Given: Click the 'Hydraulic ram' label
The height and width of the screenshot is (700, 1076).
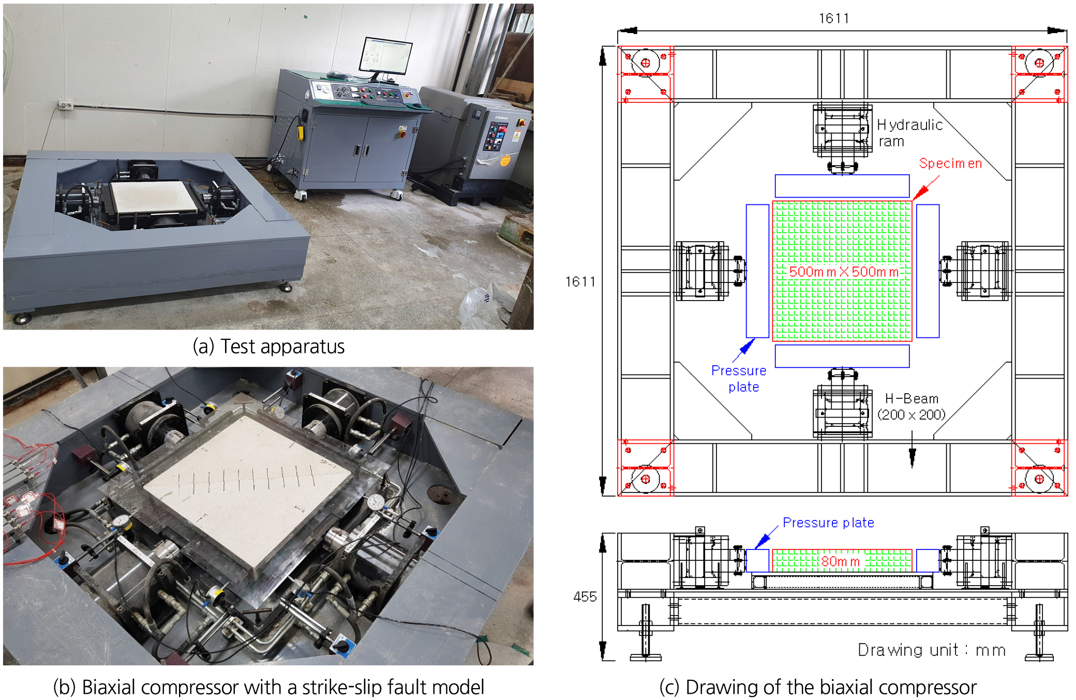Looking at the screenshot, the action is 910,133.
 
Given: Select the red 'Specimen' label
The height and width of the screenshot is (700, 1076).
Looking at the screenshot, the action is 950,163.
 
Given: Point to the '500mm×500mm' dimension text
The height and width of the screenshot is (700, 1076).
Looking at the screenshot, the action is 844,272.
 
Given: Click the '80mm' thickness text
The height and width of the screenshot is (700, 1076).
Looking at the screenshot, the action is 840,561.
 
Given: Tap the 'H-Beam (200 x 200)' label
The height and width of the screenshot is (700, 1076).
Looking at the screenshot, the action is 911,407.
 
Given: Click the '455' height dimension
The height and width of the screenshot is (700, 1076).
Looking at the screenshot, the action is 585,597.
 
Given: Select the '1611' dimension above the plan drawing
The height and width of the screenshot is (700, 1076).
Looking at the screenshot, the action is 833,19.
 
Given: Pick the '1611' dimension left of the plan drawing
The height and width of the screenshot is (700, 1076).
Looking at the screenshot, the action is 580,282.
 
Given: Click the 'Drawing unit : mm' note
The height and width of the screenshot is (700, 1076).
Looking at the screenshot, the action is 932,650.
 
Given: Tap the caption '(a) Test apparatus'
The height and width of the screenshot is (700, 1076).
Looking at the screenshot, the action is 268,347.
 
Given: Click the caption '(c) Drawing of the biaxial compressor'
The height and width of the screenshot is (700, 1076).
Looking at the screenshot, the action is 818,687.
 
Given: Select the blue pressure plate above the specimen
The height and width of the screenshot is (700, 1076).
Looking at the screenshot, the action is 842,186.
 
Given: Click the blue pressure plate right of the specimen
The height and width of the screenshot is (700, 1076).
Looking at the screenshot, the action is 928,271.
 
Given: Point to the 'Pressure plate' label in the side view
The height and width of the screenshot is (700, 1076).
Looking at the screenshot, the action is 828,523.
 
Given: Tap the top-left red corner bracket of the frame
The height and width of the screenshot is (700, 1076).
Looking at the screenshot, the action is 646,74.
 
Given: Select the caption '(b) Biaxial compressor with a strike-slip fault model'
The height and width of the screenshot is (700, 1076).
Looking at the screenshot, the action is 268,687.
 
